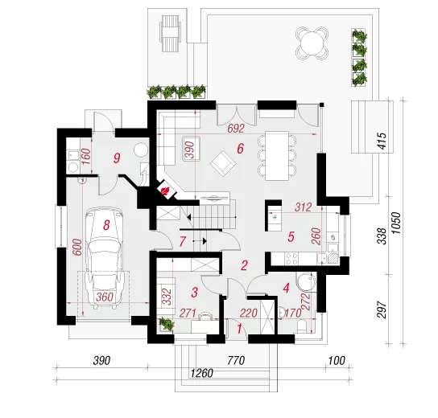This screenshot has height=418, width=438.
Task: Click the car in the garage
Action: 105,258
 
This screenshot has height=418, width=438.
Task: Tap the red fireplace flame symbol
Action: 164,191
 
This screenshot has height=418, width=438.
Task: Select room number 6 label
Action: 240,149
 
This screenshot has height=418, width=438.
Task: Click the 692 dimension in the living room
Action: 236,129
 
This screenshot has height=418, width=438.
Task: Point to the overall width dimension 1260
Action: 201,373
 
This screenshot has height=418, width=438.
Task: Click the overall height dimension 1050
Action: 396,223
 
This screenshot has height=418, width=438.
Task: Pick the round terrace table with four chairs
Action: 312,43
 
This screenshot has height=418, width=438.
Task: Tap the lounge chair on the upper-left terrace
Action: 170,33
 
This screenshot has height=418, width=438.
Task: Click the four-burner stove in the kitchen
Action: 291,259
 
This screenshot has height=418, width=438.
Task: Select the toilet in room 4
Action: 302,326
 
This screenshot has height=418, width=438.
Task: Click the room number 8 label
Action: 106,225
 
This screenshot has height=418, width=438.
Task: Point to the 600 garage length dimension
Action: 77,247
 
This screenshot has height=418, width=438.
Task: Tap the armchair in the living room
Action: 224,164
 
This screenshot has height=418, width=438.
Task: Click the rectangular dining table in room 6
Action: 277,156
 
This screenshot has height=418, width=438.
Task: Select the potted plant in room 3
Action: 166,324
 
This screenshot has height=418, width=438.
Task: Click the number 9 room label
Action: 117,158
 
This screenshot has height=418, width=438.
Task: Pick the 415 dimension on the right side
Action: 382,141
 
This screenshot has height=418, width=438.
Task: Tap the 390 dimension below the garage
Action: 101,361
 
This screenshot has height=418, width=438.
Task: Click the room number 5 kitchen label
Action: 291,237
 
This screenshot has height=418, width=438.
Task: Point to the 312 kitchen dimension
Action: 303,207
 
